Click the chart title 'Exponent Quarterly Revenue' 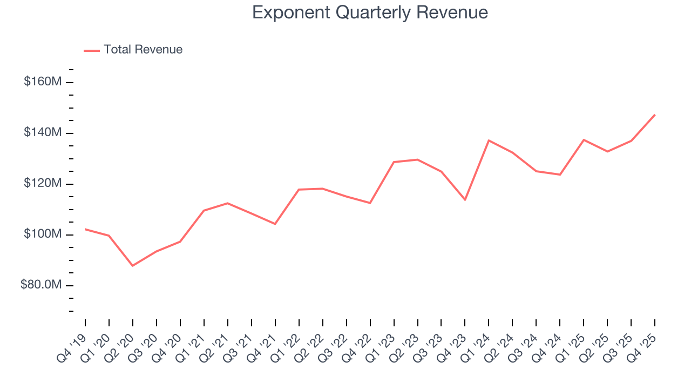[370, 12]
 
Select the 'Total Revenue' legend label [143, 50]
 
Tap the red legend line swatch [92, 50]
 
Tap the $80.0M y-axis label [40, 285]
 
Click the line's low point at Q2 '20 [133, 266]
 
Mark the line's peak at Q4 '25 [655, 115]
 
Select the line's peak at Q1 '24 [489, 140]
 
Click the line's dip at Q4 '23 [465, 200]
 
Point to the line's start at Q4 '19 [85, 229]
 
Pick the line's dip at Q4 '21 [275, 224]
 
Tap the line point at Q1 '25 [584, 140]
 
